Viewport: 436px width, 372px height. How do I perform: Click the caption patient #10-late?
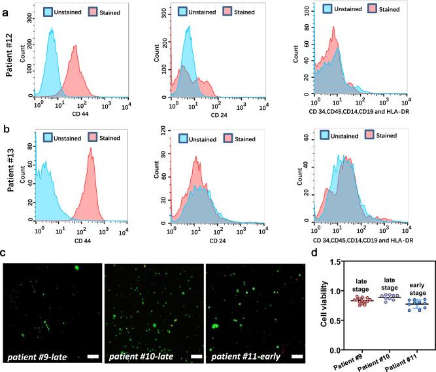tap(141, 356)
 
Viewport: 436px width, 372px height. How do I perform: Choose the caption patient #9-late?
tap(40, 356)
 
